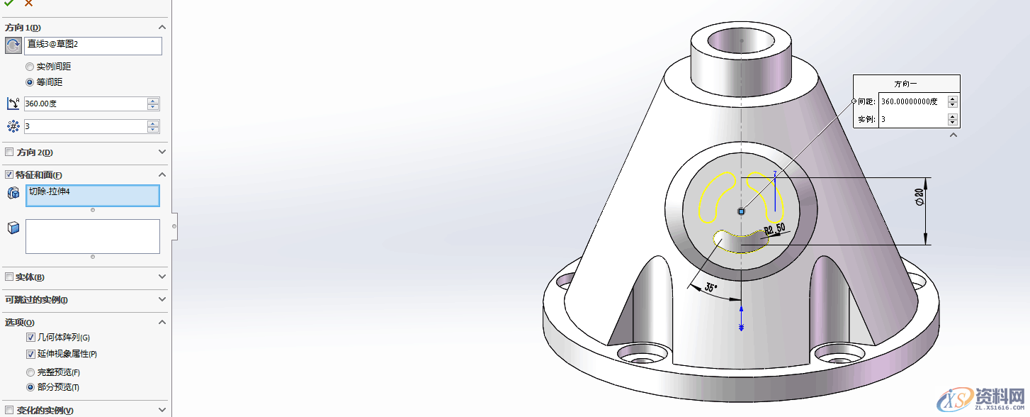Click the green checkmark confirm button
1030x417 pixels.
(x=9, y=4)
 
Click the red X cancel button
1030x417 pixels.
(x=28, y=4)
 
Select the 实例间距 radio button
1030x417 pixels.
(x=30, y=67)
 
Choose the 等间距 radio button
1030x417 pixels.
(x=30, y=82)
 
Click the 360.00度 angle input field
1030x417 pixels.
(x=84, y=104)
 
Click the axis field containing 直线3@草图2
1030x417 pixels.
(x=93, y=45)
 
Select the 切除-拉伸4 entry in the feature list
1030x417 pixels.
(x=92, y=192)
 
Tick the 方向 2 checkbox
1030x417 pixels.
(x=9, y=152)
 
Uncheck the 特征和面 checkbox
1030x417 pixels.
(x=9, y=174)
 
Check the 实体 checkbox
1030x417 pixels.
(x=9, y=277)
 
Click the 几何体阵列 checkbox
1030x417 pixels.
(x=30, y=338)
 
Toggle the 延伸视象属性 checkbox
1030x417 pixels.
(x=30, y=354)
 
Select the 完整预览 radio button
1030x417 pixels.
(x=30, y=372)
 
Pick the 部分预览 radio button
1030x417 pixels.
(x=30, y=387)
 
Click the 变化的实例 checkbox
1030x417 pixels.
(x=9, y=411)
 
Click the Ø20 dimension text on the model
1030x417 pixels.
(x=919, y=197)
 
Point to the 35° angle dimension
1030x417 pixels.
(x=711, y=288)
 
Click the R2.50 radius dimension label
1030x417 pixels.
(x=774, y=229)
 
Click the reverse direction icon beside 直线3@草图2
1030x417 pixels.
(x=13, y=46)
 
